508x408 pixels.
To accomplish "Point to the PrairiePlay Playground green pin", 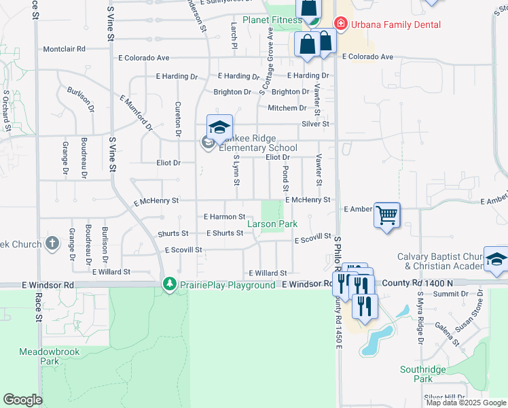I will pyautogui.click(x=169, y=284).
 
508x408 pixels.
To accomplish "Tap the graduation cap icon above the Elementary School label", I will pyautogui.click(x=219, y=127).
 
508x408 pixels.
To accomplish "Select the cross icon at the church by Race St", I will pyautogui.click(x=53, y=243).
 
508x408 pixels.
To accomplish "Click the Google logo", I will pyautogui.click(x=22, y=400).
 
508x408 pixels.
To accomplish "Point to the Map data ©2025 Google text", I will pyautogui.click(x=466, y=403).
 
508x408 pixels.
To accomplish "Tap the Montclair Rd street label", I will pyautogui.click(x=64, y=49).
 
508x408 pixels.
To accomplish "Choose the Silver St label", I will pyautogui.click(x=315, y=124).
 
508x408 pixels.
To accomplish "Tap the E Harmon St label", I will pyautogui.click(x=224, y=217).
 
